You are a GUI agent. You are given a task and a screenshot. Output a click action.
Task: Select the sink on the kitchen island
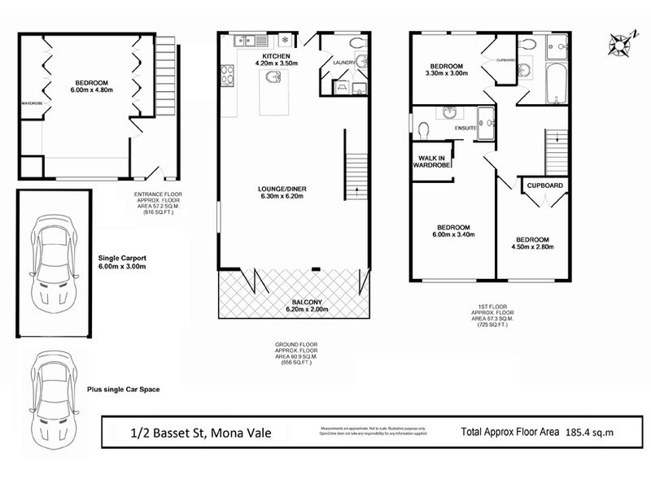pyautogui.click(x=273, y=77)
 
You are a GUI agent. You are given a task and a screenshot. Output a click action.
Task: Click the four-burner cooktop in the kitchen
pyautogui.click(x=226, y=78)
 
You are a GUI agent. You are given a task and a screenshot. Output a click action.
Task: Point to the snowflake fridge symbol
pyautogui.click(x=285, y=39)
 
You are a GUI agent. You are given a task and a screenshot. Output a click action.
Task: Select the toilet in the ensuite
pyautogui.click(x=422, y=129)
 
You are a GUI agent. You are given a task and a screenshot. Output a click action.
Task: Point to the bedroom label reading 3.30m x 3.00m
pyautogui.click(x=447, y=70)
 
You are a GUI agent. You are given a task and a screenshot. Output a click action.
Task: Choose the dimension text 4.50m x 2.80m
pyautogui.click(x=531, y=249)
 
